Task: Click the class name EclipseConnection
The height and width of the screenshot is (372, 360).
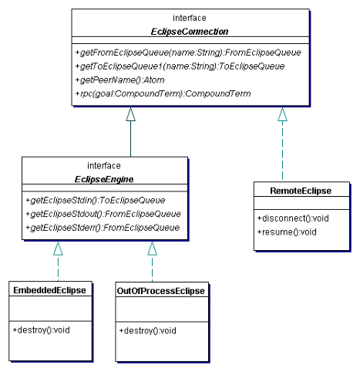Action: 190,32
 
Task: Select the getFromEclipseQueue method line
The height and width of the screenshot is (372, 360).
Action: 188,52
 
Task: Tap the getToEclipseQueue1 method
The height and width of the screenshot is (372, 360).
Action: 180,66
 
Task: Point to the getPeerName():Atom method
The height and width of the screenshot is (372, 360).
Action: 119,80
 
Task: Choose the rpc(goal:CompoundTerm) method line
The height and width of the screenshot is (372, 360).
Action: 163,93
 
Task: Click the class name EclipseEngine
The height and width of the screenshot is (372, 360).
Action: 104,179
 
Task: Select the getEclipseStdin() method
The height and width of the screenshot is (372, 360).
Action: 96,200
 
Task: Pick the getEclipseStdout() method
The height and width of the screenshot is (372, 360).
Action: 103,214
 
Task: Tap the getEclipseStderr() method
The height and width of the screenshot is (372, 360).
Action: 103,228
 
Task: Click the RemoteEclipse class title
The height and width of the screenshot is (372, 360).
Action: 301,191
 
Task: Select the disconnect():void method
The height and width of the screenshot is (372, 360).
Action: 293,218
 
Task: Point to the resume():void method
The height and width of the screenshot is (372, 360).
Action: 287,232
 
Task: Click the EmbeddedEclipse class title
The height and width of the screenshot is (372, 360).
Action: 49,290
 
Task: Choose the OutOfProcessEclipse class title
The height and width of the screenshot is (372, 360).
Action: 161,291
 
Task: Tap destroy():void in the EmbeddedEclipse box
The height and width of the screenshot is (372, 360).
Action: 41,330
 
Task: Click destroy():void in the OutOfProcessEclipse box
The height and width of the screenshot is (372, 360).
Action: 147,330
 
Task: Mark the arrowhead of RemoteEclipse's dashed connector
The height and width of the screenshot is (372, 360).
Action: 282,114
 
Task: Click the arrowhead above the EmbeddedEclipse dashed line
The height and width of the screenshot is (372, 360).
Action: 58,249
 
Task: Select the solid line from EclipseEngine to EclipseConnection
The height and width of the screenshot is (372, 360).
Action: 130,139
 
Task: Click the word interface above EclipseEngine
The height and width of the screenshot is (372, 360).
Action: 104,166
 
